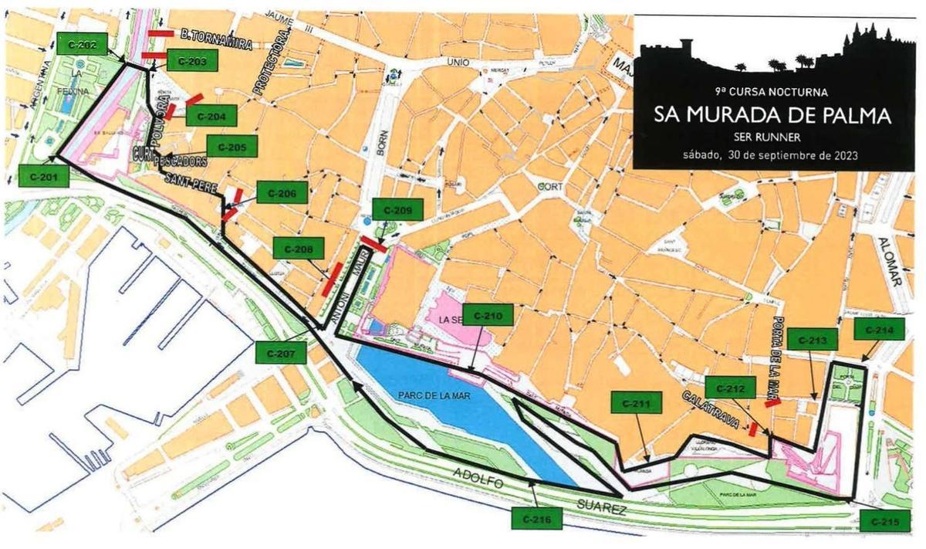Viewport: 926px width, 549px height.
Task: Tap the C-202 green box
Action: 83,46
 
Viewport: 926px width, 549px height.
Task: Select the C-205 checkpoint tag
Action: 231,147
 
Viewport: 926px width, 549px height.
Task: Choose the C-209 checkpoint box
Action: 397,209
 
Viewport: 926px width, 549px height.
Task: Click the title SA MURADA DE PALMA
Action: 772,115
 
